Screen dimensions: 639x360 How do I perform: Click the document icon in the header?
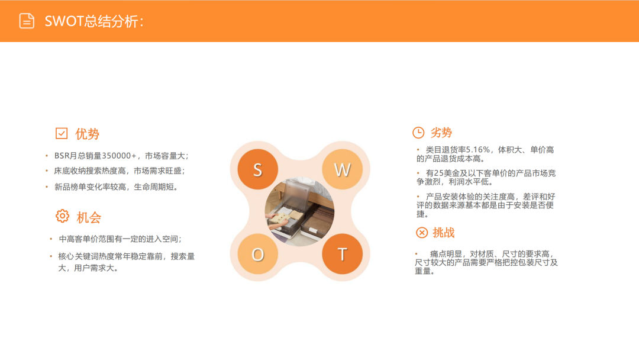(x=27, y=21)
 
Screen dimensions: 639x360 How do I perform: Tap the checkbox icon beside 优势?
(x=62, y=133)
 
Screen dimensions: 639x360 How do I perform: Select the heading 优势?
(x=87, y=134)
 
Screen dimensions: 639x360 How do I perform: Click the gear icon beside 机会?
(x=62, y=216)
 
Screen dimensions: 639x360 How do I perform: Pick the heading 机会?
(x=89, y=217)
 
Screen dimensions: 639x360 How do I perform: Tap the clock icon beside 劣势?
(x=418, y=133)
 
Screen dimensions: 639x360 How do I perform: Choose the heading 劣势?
(x=441, y=133)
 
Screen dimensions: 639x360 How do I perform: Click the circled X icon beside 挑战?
(x=422, y=232)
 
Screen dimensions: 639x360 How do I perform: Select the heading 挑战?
(x=444, y=232)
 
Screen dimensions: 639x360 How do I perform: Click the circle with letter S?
(x=257, y=169)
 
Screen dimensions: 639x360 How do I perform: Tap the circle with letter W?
(x=343, y=169)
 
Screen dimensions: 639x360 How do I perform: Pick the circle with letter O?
(x=257, y=254)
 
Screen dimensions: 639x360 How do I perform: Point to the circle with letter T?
(x=343, y=254)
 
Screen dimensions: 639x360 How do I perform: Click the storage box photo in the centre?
(x=299, y=211)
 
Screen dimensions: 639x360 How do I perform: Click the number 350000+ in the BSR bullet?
(x=119, y=156)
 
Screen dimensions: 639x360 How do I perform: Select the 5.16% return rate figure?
(x=478, y=150)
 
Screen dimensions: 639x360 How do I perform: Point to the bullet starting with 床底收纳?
(x=120, y=171)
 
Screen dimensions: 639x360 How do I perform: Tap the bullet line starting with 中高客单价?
(x=120, y=239)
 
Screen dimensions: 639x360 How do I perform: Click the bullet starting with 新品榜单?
(x=116, y=187)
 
